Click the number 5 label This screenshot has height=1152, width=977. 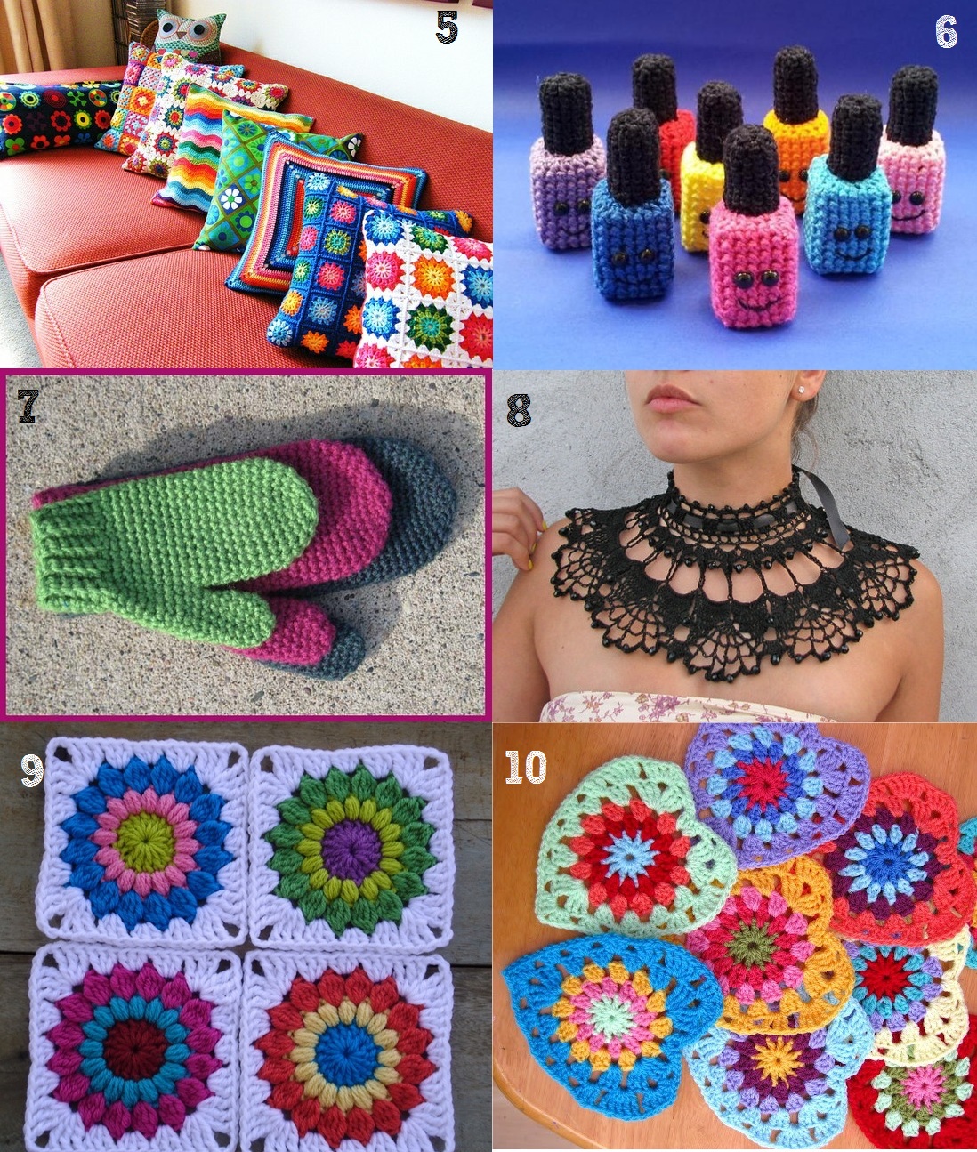click(447, 27)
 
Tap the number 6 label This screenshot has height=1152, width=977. click(947, 32)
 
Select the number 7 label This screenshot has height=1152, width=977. click(28, 406)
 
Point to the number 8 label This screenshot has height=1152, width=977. click(518, 410)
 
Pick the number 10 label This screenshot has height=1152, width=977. click(526, 767)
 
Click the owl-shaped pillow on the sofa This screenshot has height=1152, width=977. click(189, 35)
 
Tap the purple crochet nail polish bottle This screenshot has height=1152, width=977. click(567, 162)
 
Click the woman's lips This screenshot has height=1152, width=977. click(673, 397)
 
